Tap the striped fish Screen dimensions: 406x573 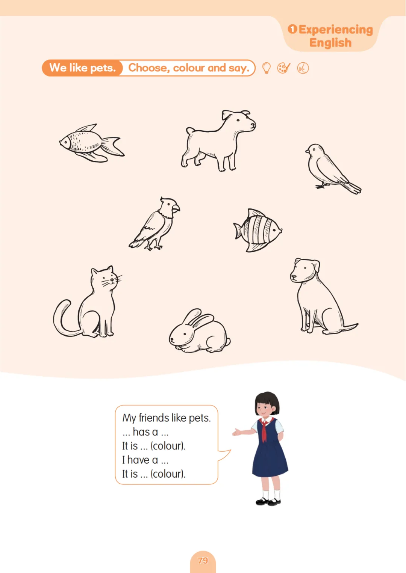coord(258,230)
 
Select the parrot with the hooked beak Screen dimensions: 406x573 coord(155,223)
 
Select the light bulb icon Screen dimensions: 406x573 coord(267,68)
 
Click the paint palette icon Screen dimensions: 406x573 coord(284,68)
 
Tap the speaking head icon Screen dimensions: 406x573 coord(303,68)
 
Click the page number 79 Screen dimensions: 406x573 coord(203,560)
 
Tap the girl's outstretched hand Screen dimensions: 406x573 coord(237,432)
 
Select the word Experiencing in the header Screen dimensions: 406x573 coord(336,30)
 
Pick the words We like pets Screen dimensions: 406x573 coord(82,68)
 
